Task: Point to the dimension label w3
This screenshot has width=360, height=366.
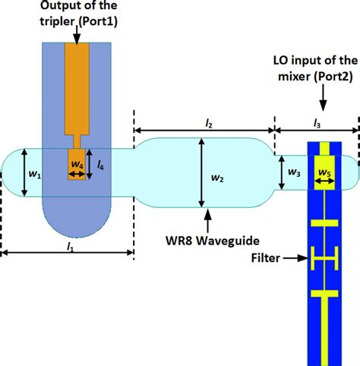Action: [x=292, y=172]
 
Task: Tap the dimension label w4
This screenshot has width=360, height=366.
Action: [x=77, y=164]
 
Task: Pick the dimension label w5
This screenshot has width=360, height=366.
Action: [x=324, y=174]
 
